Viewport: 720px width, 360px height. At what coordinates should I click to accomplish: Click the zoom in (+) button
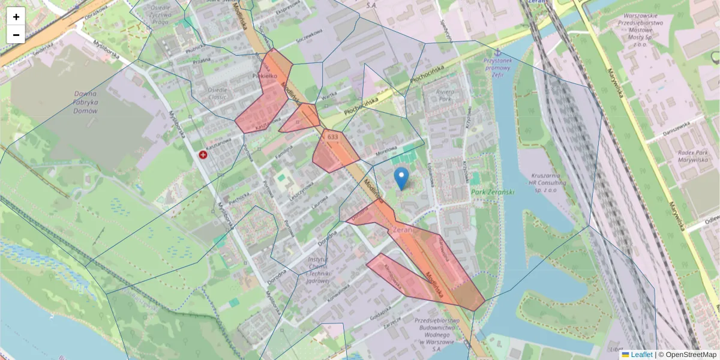(16, 17)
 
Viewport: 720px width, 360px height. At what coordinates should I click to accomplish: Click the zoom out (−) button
(16, 35)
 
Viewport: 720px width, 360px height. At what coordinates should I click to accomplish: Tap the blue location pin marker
(401, 178)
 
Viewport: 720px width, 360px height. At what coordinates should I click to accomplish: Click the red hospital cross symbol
(203, 155)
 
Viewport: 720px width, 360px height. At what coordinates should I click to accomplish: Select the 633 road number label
(332, 137)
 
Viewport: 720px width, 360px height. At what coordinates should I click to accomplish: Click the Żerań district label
(401, 230)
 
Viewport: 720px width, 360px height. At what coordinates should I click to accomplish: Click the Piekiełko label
(265, 76)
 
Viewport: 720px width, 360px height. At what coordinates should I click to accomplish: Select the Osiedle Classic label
(217, 93)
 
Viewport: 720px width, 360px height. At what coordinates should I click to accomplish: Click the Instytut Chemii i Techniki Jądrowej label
(317, 269)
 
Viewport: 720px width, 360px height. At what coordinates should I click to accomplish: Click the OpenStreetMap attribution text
(690, 355)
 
